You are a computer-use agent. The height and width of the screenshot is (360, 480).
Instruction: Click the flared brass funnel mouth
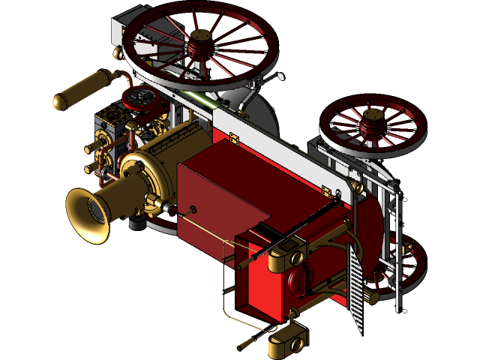(88, 214)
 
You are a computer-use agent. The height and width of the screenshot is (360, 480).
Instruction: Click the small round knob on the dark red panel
(193, 208)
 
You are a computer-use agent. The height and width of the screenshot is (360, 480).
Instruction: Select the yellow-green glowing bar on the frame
(202, 101)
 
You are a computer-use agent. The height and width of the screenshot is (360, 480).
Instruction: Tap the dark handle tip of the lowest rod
(243, 346)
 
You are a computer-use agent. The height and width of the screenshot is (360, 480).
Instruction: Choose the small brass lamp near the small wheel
(372, 298)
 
